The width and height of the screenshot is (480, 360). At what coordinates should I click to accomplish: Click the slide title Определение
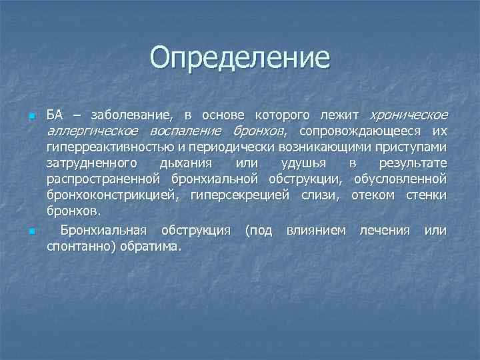click(240, 57)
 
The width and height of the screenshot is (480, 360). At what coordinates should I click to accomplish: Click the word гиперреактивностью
click(108, 146)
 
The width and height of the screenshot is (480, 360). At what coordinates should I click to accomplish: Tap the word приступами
click(413, 146)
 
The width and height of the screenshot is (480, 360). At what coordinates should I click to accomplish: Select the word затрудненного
click(91, 163)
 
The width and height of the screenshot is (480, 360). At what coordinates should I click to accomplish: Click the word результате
click(413, 163)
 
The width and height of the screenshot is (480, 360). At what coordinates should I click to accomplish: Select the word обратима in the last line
click(151, 247)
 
